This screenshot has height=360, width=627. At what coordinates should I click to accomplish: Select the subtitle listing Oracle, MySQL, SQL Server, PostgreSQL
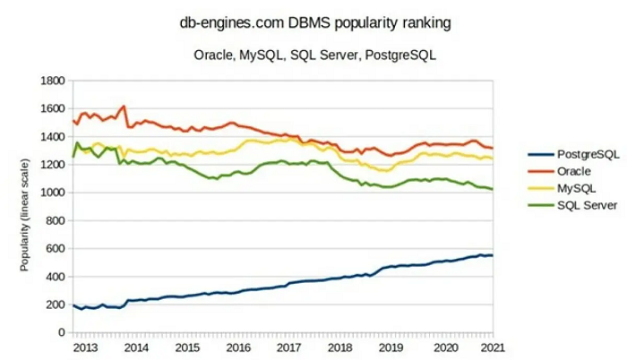coord(314,55)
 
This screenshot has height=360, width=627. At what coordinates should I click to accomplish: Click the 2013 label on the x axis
coord(86,347)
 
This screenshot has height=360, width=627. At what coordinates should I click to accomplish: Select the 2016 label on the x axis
coord(238,347)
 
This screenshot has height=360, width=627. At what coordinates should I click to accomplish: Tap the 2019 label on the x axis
coord(391,347)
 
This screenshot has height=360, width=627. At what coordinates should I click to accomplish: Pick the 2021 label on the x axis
coord(492,347)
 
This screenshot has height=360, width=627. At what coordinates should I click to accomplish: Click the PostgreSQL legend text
coord(587,154)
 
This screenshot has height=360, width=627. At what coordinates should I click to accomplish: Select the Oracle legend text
coord(573,171)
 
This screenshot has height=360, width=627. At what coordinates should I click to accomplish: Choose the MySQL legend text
coord(575,188)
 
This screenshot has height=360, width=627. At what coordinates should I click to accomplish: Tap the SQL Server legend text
coord(587,205)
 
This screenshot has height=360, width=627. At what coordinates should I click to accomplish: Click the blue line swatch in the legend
coord(537,154)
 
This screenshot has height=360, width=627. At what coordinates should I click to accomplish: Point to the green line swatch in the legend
coord(537,205)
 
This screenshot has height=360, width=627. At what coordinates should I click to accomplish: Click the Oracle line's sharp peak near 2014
coord(125,106)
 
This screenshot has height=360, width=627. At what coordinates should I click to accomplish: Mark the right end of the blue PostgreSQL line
coord(492,255)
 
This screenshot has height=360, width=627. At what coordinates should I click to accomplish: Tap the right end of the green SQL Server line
coord(492,189)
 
